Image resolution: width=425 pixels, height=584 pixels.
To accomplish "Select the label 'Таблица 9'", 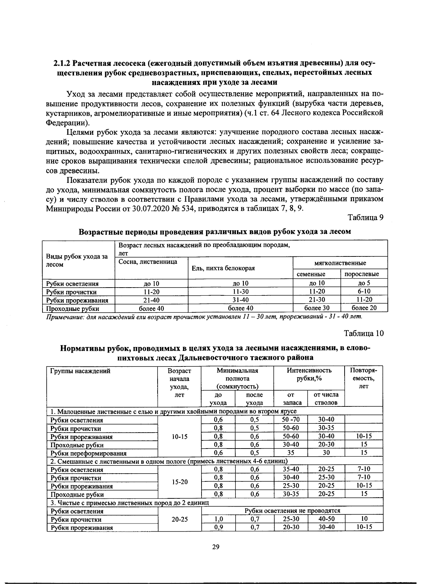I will [365, 217].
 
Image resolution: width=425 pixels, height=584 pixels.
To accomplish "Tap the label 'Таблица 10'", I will [364, 333].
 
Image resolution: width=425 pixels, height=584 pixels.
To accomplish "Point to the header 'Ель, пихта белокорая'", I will [223, 268].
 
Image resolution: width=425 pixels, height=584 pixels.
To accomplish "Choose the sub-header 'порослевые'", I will [362, 274].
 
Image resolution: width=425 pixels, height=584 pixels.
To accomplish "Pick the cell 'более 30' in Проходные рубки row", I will [317, 308].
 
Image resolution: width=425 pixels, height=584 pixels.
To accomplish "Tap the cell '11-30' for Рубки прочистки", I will [240, 291].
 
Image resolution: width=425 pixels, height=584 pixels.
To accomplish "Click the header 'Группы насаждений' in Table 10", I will [80, 371].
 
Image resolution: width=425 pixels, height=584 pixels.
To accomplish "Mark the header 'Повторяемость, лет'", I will [363, 378].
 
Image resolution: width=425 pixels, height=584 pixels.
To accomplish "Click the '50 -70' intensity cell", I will [291, 420].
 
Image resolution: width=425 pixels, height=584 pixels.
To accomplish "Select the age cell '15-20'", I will [179, 482].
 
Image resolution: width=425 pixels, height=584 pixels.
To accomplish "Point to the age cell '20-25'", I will [179, 519].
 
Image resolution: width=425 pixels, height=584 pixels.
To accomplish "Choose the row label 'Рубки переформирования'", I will [88, 453].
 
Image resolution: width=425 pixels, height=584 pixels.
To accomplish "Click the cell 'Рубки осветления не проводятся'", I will [292, 510].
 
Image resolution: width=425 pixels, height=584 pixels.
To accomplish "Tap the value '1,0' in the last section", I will [219, 519].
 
